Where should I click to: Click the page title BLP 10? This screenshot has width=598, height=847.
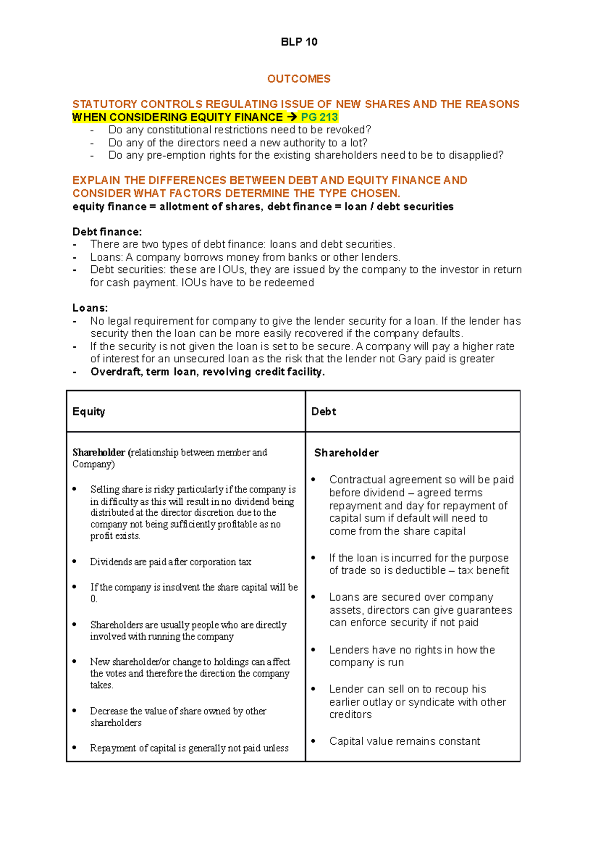pos(299,42)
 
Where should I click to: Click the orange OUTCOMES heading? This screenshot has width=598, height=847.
pos(299,79)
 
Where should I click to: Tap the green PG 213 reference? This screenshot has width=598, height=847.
pos(319,117)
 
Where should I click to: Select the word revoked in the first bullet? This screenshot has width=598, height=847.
pos(348,130)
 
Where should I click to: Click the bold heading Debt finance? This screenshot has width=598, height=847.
pos(107,232)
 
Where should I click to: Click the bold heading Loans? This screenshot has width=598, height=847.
pos(90,308)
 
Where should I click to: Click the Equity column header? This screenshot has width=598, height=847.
pos(89,412)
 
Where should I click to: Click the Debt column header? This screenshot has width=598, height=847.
pos(323,412)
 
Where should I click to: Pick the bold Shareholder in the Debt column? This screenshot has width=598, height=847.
pos(346,453)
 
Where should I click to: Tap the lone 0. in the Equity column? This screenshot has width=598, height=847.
pos(94,599)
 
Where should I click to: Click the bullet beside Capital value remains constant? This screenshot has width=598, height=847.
pos(313,741)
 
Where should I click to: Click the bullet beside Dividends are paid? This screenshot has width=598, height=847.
pos(75,562)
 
